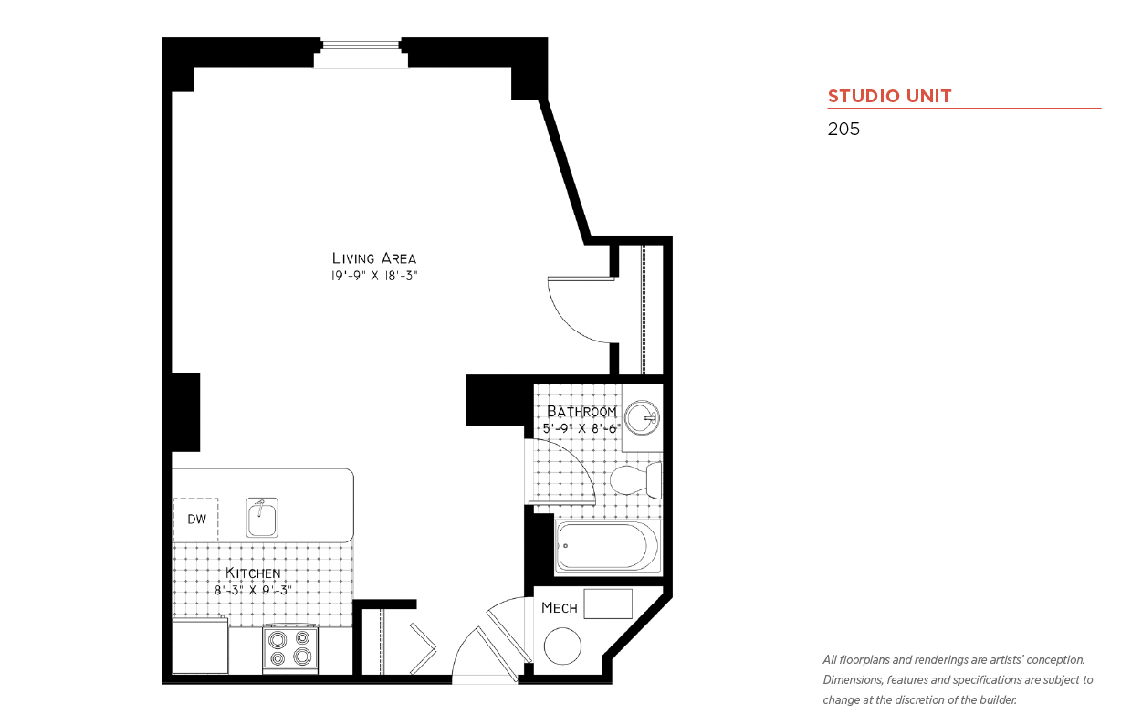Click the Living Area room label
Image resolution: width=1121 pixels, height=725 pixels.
(x=374, y=258)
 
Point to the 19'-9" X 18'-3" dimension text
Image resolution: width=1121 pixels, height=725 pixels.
(x=374, y=276)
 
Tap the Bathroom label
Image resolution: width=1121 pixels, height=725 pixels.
(x=581, y=412)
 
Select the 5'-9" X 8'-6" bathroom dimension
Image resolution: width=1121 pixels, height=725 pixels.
(x=581, y=428)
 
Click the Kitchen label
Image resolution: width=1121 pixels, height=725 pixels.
(x=253, y=573)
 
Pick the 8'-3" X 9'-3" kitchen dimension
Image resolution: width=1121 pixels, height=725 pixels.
(x=253, y=590)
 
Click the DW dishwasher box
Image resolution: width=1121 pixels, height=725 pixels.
(x=195, y=520)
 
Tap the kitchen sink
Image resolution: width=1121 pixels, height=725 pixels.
(x=262, y=517)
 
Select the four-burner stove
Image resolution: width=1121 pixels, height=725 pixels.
(x=290, y=647)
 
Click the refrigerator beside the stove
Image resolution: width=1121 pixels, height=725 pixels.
(x=200, y=646)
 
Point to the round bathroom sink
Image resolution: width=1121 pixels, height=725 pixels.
(x=643, y=417)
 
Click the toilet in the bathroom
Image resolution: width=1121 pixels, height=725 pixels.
(x=635, y=479)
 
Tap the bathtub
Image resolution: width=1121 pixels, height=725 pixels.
(x=608, y=546)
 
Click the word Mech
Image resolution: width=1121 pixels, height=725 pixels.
(x=559, y=608)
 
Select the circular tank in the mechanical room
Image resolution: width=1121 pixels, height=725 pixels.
(x=562, y=646)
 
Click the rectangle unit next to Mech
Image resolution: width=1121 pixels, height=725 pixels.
(x=608, y=604)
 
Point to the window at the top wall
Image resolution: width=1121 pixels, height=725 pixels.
(x=361, y=53)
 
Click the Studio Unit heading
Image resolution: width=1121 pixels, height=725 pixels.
(x=889, y=96)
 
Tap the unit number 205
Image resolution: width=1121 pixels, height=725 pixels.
(x=843, y=129)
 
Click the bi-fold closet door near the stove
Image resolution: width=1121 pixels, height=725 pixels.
(x=423, y=648)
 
